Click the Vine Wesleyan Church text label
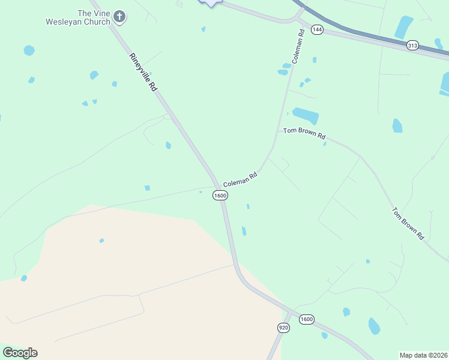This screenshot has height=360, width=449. pyautogui.click(x=78, y=17)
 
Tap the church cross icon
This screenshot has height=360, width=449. pyautogui.click(x=119, y=16)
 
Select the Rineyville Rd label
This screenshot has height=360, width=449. pyautogui.click(x=143, y=72)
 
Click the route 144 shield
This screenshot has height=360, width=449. pyautogui.click(x=317, y=29)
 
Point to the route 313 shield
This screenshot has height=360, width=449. pyautogui.click(x=412, y=45)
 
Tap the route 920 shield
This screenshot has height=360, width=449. pyautogui.click(x=284, y=328)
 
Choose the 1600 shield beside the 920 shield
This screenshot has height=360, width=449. pyautogui.click(x=306, y=319)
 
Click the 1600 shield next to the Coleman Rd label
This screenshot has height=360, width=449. pyautogui.click(x=220, y=196)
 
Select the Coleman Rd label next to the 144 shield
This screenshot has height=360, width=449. pyautogui.click(x=298, y=45)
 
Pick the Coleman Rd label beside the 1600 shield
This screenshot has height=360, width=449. pyautogui.click(x=240, y=179)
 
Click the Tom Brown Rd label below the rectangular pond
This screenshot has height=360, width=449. pyautogui.click(x=304, y=133)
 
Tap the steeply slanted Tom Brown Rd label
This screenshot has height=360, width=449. pyautogui.click(x=408, y=224)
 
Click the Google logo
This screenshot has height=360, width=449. pyautogui.click(x=20, y=353)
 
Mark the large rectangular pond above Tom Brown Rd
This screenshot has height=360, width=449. pyautogui.click(x=305, y=115)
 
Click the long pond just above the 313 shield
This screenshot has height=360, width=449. pyautogui.click(x=403, y=26)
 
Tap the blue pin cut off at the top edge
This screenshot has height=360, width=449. pyautogui.click(x=209, y=2)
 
